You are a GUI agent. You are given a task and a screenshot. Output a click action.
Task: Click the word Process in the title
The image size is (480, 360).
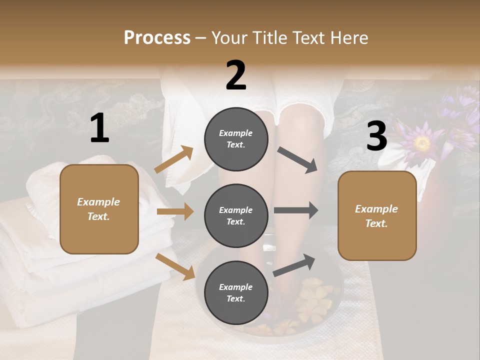coord(157,37)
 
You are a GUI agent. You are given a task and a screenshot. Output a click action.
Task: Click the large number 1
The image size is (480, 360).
coord(99,128)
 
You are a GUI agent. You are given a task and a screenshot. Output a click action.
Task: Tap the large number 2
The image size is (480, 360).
coord(236,75)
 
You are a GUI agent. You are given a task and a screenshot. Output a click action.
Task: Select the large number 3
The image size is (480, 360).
coord(376,136)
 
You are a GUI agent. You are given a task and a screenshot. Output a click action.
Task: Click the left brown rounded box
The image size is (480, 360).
coord(99,209)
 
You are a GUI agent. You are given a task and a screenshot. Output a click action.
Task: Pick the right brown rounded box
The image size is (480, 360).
coord(377,215)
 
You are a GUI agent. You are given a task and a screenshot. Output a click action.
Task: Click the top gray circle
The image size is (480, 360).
coord(236,139)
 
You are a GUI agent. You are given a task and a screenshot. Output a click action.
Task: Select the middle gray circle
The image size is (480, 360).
coord(236,215)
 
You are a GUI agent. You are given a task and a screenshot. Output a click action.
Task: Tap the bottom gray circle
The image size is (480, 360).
coord(236,292)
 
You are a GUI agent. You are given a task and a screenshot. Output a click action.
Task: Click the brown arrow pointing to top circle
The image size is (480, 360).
coord(174,160)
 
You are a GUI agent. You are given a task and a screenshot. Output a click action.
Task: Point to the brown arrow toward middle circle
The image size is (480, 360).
coord(175,211)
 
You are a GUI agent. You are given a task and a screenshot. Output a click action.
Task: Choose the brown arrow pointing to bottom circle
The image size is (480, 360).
coord(175,266)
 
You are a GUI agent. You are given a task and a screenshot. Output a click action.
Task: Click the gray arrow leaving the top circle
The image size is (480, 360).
coord(298,160)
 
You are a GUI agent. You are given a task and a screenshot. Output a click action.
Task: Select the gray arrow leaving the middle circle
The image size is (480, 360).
coord(296,210)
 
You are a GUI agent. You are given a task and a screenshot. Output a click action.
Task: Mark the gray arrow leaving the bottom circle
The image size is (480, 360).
coord(294,265)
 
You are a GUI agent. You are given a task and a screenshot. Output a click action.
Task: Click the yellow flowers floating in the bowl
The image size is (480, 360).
coord(310,300)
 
